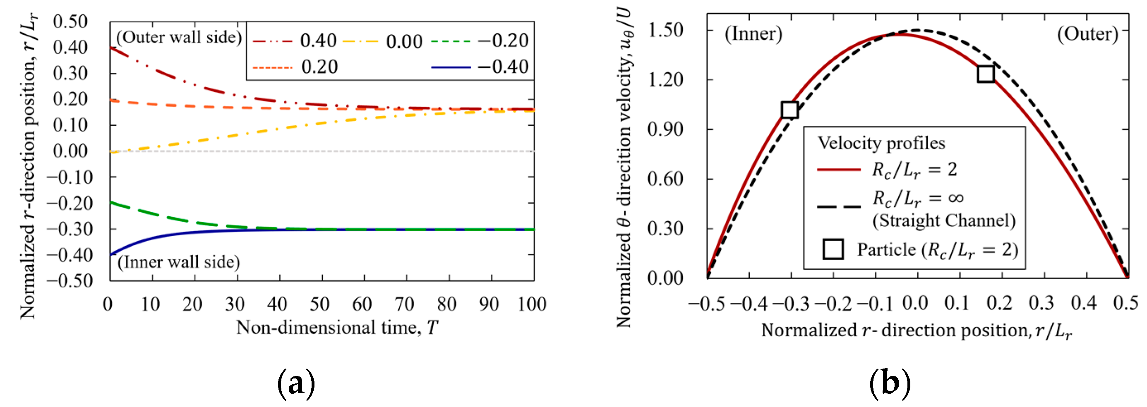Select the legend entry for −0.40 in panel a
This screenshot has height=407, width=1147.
(480, 67)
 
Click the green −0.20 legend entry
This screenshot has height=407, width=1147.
(480, 41)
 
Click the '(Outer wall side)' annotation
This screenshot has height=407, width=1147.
(179, 37)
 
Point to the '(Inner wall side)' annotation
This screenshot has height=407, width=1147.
(179, 262)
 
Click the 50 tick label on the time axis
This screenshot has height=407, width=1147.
(320, 304)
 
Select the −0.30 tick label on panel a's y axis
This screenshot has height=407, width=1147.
(70, 229)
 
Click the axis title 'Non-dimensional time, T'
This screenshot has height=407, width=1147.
(337, 328)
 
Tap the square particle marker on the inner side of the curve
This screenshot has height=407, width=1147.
(789, 110)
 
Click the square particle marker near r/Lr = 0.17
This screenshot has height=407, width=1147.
(985, 74)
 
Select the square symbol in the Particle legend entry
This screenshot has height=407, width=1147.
(833, 249)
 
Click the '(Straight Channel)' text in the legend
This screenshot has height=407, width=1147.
(944, 221)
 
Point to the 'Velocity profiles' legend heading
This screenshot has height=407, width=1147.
(881, 143)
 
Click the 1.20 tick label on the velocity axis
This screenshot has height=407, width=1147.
(665, 80)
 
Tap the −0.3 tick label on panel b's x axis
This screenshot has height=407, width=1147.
(791, 304)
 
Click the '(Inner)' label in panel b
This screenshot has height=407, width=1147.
(753, 34)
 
